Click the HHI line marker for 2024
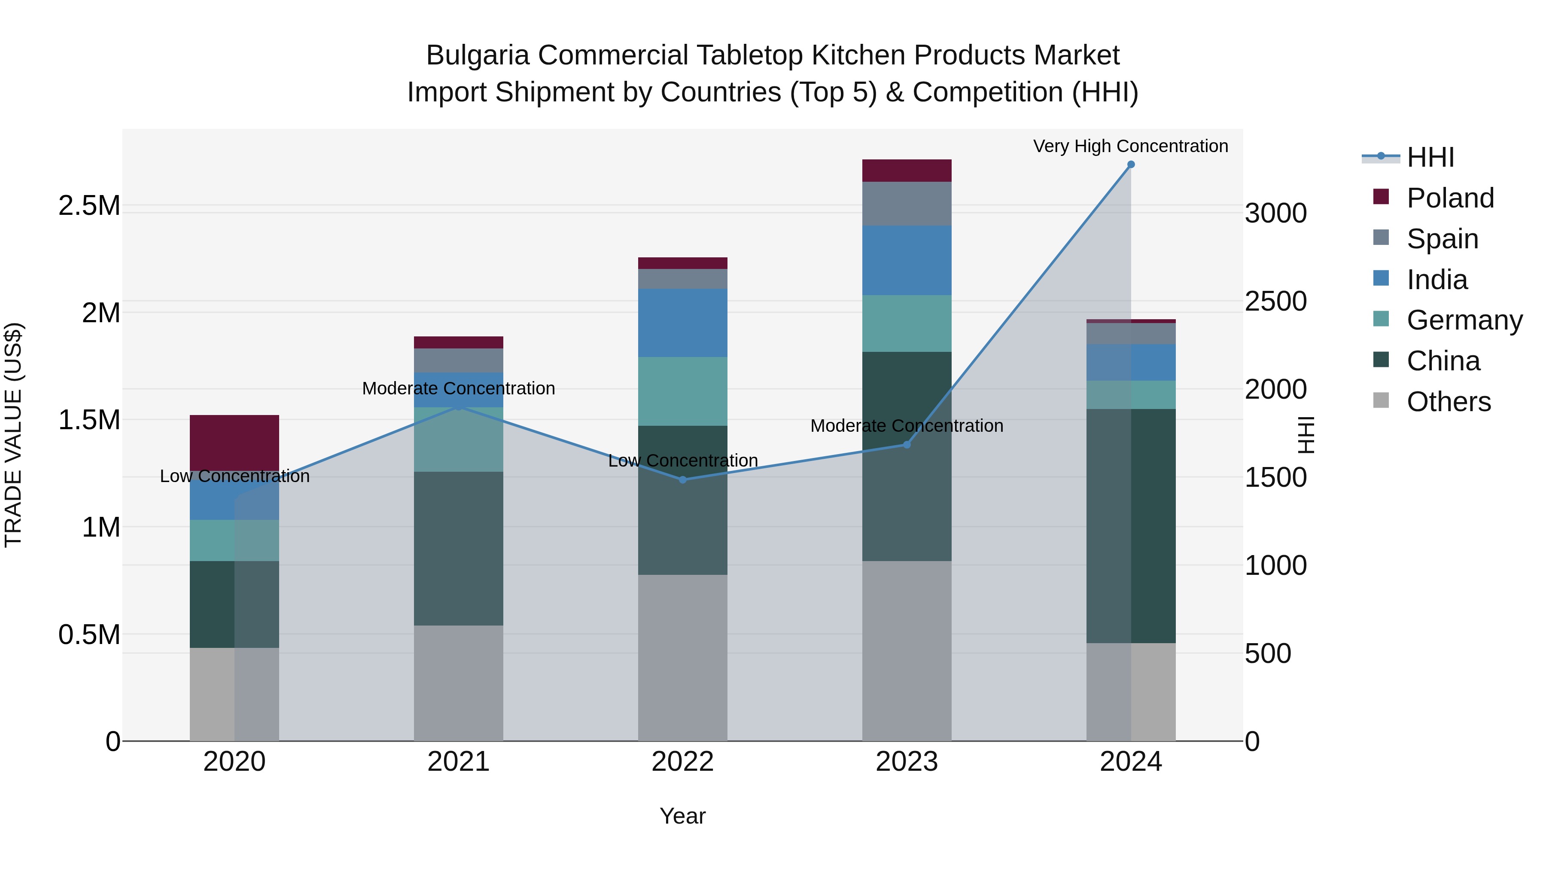1131,165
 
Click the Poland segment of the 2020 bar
234,443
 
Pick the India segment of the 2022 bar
682,323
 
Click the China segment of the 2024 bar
1131,526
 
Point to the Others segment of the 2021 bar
459,683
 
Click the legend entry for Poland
1449,198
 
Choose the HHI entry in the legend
1430,157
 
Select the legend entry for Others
1448,402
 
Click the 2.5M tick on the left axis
89,206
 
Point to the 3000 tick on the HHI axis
1275,213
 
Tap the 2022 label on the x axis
682,762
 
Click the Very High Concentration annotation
1130,146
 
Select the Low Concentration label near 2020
234,476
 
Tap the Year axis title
682,816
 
